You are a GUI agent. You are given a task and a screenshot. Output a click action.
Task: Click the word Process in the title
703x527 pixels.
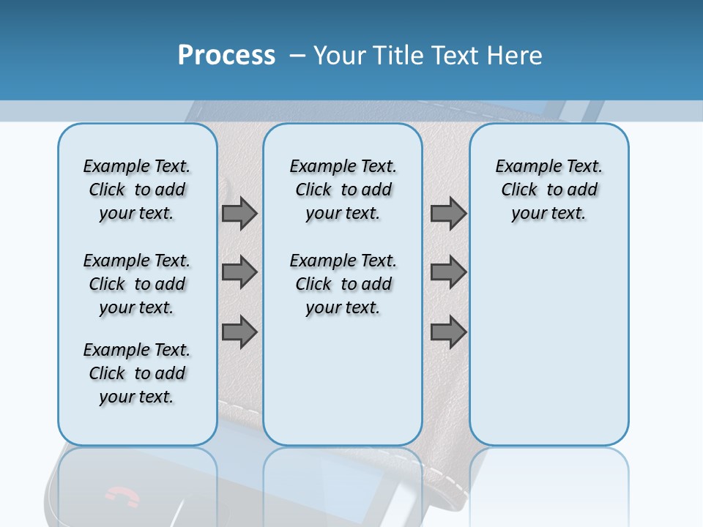[x=226, y=56]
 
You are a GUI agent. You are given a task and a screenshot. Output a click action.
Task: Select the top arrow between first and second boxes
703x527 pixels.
[x=239, y=213]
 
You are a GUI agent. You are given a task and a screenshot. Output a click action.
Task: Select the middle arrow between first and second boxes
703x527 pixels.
[x=239, y=273]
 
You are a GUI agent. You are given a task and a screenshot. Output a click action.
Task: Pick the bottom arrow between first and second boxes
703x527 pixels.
[x=239, y=332]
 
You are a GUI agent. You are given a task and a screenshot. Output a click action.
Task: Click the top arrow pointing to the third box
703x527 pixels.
[x=448, y=213]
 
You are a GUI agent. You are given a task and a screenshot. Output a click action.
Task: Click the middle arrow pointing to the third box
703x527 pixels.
[x=448, y=273]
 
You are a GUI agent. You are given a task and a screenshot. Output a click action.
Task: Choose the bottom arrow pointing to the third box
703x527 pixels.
[x=448, y=332]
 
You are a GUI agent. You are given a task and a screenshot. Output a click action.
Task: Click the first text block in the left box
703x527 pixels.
[x=137, y=190]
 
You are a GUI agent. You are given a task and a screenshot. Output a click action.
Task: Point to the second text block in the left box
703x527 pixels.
[x=137, y=284]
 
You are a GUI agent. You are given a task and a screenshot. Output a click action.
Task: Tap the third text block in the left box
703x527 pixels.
[x=137, y=373]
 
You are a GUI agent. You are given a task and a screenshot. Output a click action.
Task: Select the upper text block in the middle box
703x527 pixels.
[x=343, y=190]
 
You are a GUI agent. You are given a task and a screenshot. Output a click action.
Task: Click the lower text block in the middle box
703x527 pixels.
[x=343, y=284]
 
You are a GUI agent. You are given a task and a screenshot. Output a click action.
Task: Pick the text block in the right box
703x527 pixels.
[x=548, y=190]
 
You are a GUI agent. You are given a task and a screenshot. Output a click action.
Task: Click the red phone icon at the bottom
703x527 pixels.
[x=122, y=497]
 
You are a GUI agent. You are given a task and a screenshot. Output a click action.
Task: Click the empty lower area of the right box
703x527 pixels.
[x=548, y=344]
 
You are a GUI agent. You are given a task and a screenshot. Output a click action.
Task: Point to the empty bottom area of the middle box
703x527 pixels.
[x=343, y=388]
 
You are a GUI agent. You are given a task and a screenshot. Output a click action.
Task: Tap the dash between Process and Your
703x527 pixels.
[x=297, y=56]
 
